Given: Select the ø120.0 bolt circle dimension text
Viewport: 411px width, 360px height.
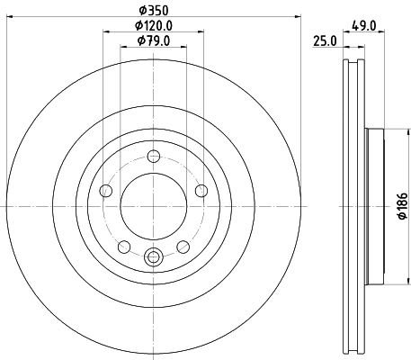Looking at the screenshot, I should point(153,27).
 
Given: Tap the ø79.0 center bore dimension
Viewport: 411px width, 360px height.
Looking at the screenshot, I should point(153,41).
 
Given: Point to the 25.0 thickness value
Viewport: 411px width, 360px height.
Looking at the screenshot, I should point(325,41).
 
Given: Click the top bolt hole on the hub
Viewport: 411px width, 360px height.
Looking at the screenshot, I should point(152,155).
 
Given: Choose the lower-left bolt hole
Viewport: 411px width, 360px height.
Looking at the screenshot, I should point(123,246).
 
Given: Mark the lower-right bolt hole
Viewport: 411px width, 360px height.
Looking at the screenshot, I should point(182,246).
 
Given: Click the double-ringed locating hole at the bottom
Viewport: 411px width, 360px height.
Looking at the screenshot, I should point(152,257).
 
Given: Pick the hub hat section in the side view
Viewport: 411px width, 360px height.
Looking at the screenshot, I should point(374,207).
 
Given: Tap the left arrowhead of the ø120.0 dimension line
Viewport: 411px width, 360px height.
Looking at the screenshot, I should point(105,34).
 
